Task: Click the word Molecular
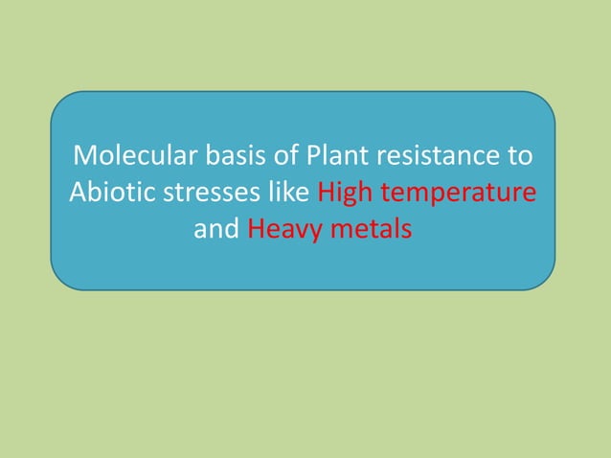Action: (x=132, y=155)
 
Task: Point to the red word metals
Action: (x=369, y=230)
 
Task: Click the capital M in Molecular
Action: (x=83, y=155)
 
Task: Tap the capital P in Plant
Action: (x=312, y=155)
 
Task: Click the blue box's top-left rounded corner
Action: (x=59, y=101)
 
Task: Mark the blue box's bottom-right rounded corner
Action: (x=547, y=281)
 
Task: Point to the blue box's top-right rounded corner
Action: (x=547, y=101)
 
